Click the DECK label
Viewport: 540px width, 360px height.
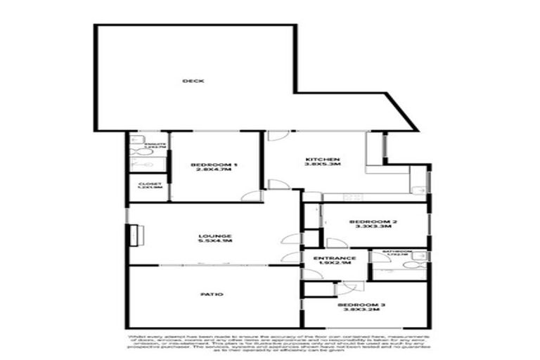pyautogui.click(x=193, y=81)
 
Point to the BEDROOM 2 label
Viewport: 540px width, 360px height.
pyautogui.click(x=373, y=222)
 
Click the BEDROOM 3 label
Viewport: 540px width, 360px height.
pyautogui.click(x=361, y=304)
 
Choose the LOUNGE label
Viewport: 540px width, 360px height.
pyautogui.click(x=214, y=236)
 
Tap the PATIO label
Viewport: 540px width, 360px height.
pyautogui.click(x=215, y=294)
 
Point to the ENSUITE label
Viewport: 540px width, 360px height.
pyautogui.click(x=154, y=144)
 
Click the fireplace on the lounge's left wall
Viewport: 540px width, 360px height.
pyautogui.click(x=131, y=236)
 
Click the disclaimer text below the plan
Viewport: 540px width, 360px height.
pyautogui.click(x=269, y=344)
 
